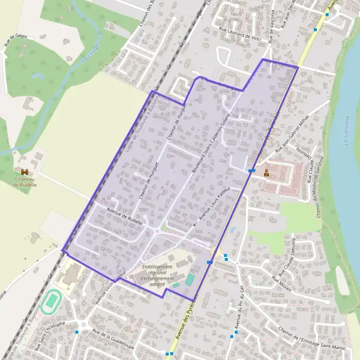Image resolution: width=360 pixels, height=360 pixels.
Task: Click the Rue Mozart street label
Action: point(282,284)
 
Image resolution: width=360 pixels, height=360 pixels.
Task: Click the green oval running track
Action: point(52,298)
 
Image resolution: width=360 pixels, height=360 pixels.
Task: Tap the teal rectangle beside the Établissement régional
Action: point(190,280)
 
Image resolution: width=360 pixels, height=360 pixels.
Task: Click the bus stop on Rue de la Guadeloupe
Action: point(77,331)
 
